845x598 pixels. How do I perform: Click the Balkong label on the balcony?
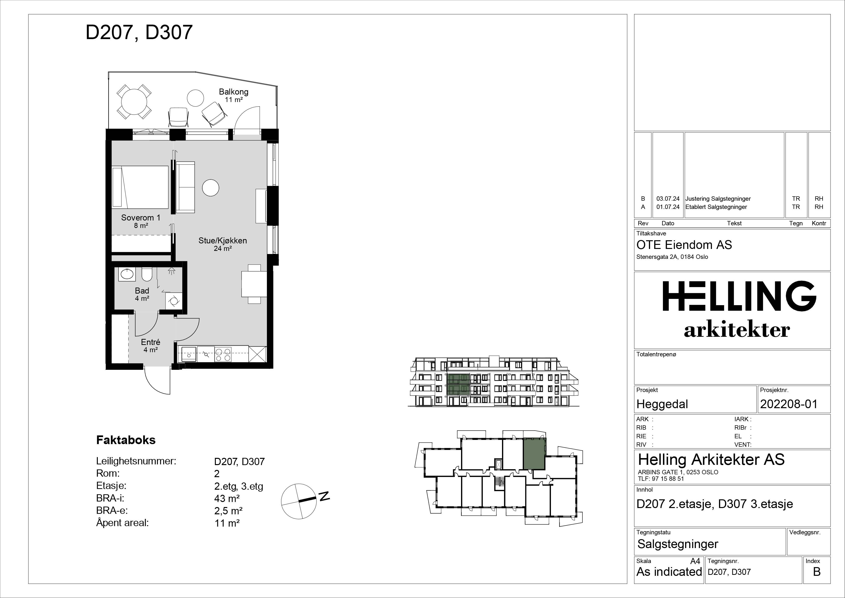233,92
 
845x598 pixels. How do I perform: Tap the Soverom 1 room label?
141,218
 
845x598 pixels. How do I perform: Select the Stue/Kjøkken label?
223,241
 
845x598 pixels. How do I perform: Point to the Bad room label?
142,291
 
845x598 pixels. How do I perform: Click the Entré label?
151,342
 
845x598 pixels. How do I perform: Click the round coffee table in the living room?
211,187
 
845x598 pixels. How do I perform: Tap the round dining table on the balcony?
134,102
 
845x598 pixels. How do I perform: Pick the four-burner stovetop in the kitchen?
223,354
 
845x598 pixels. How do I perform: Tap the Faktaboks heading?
126,440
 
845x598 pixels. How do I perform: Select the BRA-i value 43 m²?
227,499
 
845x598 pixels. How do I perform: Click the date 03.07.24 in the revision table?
668,199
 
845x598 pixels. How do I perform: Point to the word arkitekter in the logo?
737,330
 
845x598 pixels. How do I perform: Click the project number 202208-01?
789,404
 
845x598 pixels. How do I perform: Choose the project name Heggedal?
662,404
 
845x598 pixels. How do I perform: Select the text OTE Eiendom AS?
684,245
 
